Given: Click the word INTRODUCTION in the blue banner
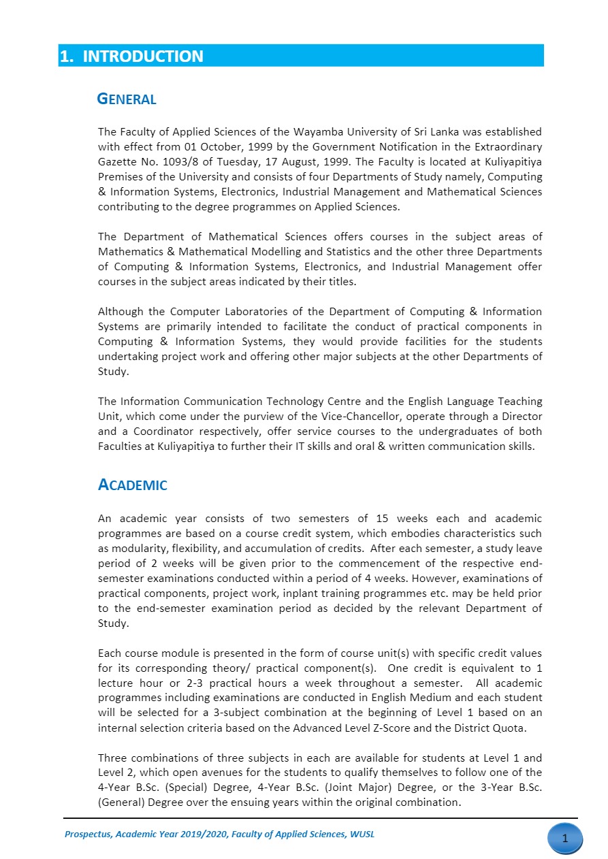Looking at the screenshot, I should click(143, 56).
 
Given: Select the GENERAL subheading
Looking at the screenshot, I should click(127, 99).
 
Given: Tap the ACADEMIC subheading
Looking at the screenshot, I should click(133, 485).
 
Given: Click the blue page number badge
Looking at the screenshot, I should click(564, 839).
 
